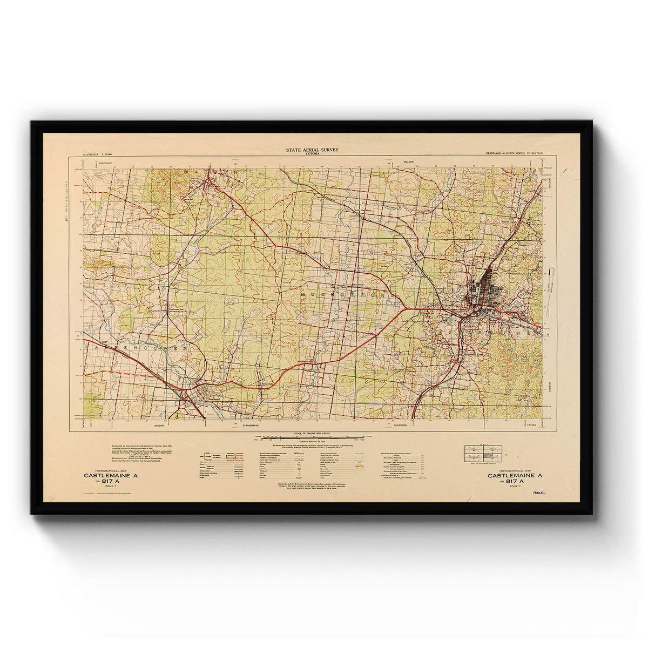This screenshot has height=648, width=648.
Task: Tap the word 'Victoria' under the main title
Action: coord(312,154)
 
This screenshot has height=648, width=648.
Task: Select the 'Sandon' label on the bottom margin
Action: coord(159,426)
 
